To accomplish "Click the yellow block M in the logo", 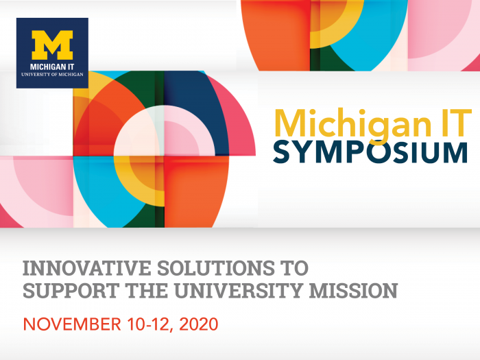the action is pos(52,45).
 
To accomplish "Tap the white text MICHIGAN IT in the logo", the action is pos(52,67).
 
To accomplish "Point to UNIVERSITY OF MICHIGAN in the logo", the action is pos(52,74).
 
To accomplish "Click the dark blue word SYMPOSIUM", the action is pos(370,152).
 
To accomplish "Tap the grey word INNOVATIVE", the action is pos(87,268).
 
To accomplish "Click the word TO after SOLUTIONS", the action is pos(294,268).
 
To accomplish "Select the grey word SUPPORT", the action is pos(71,291).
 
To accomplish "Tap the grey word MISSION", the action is pos(353,291).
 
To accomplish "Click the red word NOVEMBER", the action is pos(72,324).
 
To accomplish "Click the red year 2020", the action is pos(199,324).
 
